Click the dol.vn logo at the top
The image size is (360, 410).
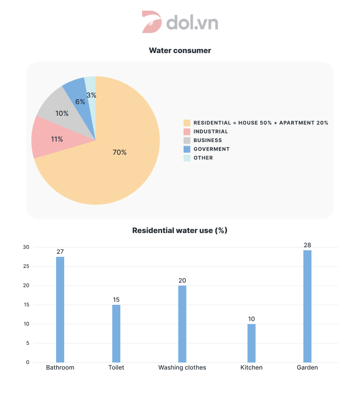180,23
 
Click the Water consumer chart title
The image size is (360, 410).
180,51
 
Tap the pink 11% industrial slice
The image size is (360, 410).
48,138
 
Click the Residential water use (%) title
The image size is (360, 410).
180,231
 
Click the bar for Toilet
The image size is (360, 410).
116,333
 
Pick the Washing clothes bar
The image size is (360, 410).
182,324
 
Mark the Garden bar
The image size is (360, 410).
307,306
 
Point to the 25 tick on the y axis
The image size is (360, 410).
26,266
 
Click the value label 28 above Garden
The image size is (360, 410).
307,245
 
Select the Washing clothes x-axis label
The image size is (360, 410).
182,368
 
